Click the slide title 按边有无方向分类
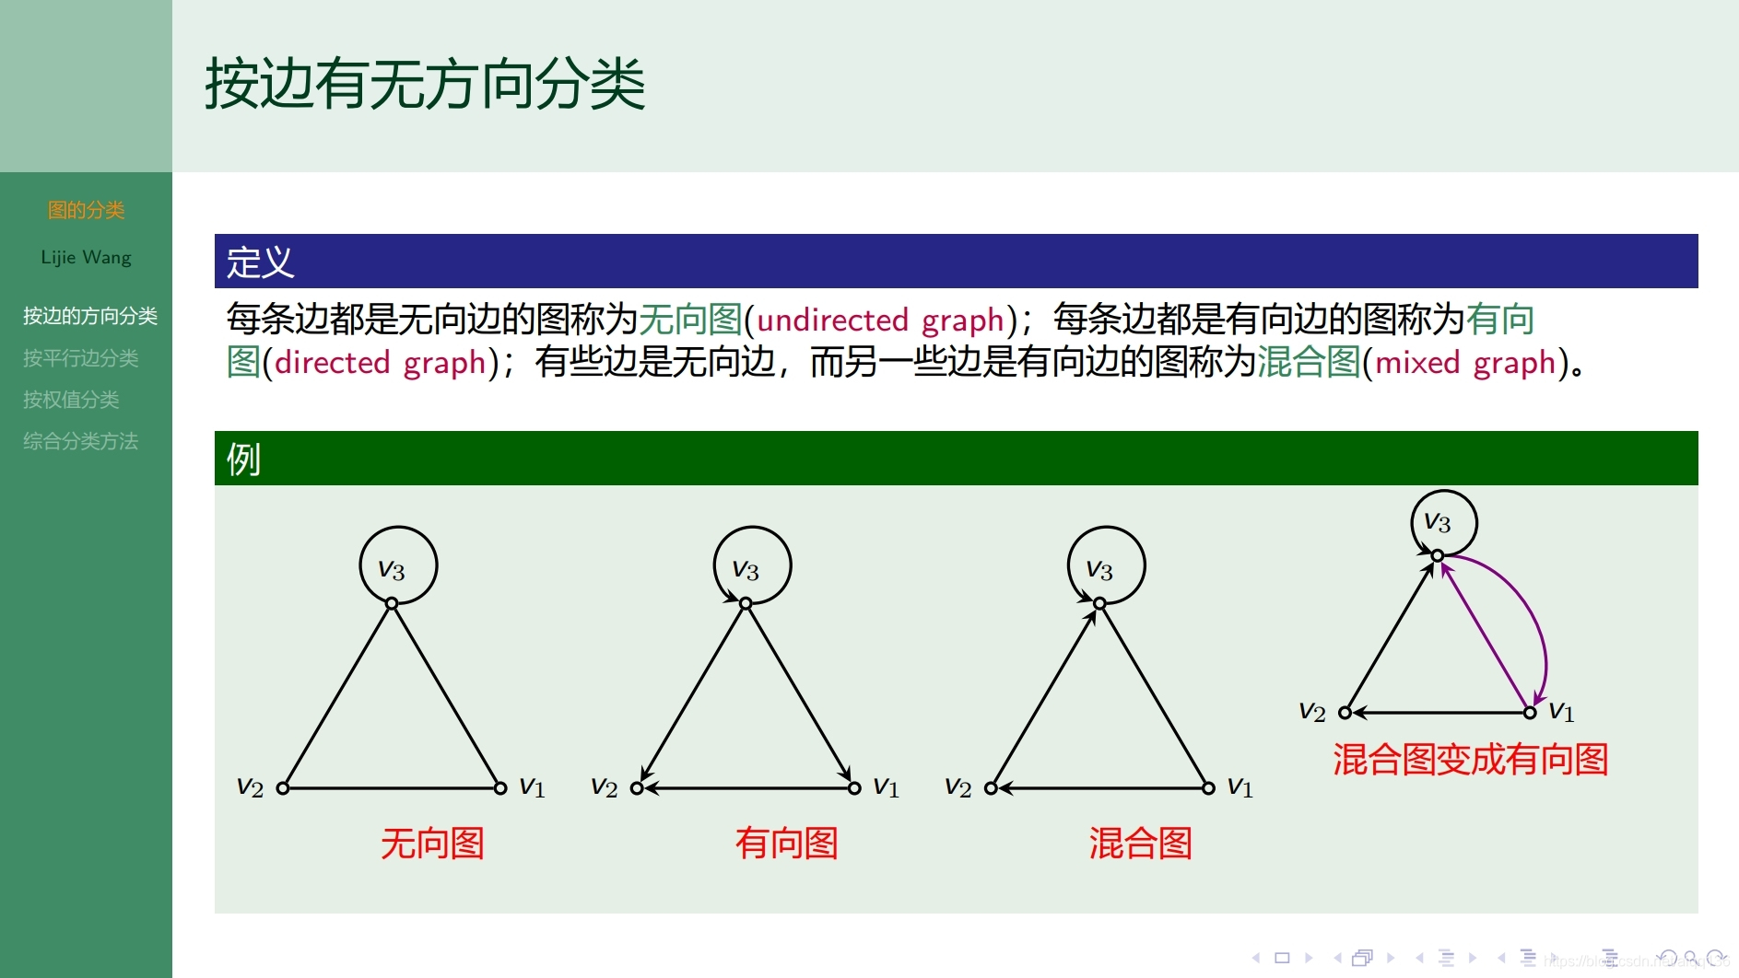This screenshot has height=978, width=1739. pyautogui.click(x=425, y=84)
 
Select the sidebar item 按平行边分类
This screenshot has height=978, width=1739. pyautogui.click(x=81, y=358)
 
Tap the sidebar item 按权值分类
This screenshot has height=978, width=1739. pyautogui.click(x=71, y=400)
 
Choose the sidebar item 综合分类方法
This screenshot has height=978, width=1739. pyautogui.click(x=81, y=441)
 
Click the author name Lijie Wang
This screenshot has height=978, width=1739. pyautogui.click(x=86, y=258)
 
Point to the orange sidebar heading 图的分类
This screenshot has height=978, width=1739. pyautogui.click(x=86, y=211)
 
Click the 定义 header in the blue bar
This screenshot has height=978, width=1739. pyautogui.click(x=260, y=262)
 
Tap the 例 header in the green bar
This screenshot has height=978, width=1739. pyautogui.click(x=243, y=459)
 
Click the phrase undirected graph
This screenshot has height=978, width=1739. pyautogui.click(x=879, y=320)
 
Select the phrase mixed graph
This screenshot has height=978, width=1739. pyautogui.click(x=1465, y=363)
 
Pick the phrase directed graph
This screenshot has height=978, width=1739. pyautogui.click(x=380, y=363)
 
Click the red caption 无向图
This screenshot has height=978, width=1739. pyautogui.click(x=432, y=844)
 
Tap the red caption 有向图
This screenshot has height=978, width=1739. pyautogui.click(x=786, y=844)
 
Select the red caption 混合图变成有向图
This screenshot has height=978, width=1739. pyautogui.click(x=1470, y=760)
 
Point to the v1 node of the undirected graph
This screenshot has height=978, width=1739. pyautogui.click(x=500, y=788)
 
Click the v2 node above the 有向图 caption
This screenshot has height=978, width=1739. pyautogui.click(x=637, y=788)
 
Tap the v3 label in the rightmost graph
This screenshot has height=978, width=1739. pyautogui.click(x=1437, y=523)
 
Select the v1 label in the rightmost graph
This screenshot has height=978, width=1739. pyautogui.click(x=1561, y=712)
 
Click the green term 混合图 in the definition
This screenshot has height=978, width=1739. pyautogui.click(x=1309, y=363)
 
